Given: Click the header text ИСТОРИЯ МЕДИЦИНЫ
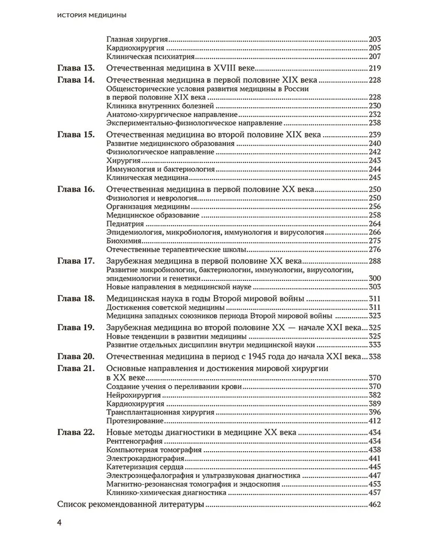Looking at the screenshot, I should [x=91, y=16].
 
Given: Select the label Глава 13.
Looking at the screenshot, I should [x=75, y=68].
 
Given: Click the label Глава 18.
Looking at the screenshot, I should [x=75, y=298].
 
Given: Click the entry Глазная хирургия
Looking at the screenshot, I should [x=137, y=40].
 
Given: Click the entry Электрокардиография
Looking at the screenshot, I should [x=144, y=459].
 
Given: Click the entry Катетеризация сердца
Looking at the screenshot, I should [x=142, y=467].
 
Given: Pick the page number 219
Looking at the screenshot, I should [x=375, y=68].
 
